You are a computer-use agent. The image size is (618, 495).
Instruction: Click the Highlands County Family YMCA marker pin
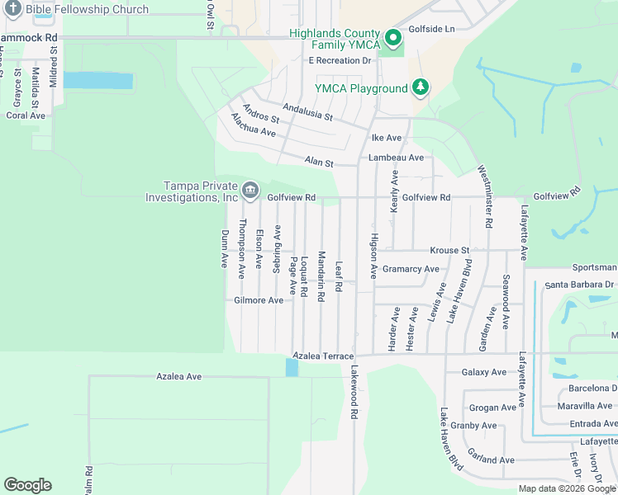click(x=394, y=37)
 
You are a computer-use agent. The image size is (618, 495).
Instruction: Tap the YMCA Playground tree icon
click(x=421, y=87)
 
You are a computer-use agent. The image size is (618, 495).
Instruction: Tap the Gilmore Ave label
click(x=259, y=300)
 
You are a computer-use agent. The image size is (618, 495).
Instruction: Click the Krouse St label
click(x=449, y=250)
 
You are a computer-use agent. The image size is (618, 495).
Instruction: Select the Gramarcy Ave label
click(x=411, y=269)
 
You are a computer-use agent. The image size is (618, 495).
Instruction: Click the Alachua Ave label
click(x=253, y=125)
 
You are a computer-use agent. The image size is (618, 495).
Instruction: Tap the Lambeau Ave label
click(x=396, y=158)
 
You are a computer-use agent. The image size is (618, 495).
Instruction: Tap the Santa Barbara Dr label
click(x=580, y=285)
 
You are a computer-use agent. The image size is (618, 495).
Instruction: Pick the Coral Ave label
click(x=26, y=115)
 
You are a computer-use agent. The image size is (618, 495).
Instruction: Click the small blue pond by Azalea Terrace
click(x=292, y=367)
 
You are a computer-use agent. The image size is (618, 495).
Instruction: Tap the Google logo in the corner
click(x=27, y=485)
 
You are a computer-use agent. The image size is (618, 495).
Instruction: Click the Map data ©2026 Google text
click(x=566, y=488)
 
